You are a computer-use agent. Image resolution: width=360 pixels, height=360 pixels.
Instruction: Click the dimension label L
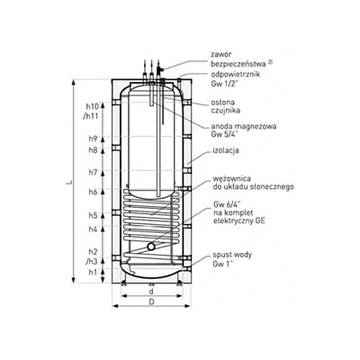[x=68, y=182]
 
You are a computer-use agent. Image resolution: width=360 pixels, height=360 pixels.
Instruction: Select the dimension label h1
[x=93, y=273]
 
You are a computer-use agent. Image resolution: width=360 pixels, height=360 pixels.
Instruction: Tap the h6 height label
[x=93, y=192]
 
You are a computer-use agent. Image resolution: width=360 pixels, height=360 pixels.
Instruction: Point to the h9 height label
[x=93, y=139]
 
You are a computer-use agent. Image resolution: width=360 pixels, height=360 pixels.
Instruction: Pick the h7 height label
[x=93, y=172]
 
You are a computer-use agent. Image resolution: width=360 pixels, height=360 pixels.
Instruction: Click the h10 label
[x=92, y=106]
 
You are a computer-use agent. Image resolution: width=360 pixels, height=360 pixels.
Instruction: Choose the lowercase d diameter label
[x=151, y=291]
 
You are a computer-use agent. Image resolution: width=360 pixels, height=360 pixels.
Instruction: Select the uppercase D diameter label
[x=151, y=301]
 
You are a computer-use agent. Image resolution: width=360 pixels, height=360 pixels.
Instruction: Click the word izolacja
[x=225, y=150]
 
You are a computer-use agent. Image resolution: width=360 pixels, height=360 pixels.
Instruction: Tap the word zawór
[x=221, y=55]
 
